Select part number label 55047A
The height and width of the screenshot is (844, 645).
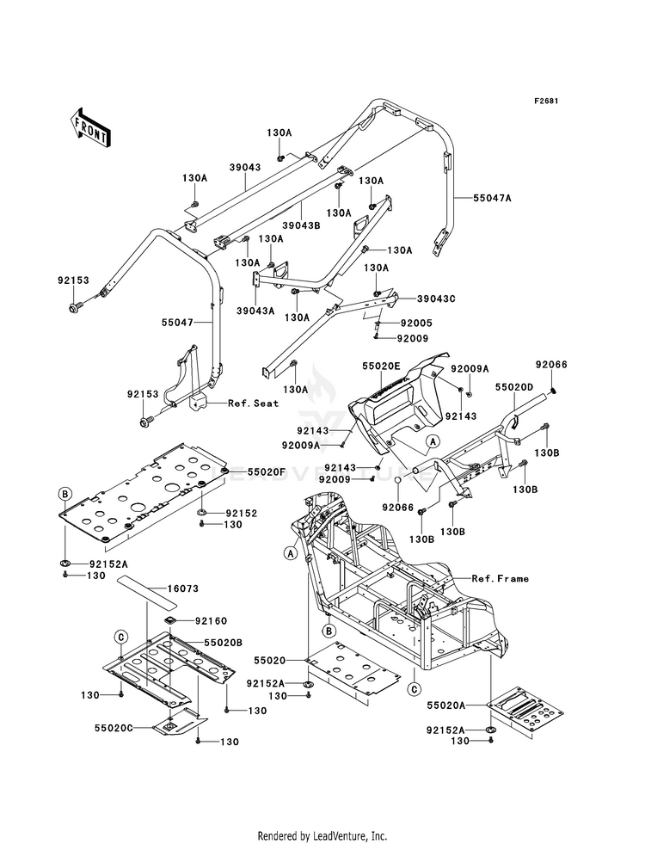pos(493,198)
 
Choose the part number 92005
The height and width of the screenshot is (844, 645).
pos(417,323)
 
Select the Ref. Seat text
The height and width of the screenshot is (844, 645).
pos(253,403)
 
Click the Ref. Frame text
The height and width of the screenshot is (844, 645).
pos(500,578)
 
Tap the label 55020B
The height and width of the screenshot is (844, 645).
pos(222,643)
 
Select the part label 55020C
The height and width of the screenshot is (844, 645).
pos(114,728)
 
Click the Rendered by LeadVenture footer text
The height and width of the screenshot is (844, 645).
pos(322,835)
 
